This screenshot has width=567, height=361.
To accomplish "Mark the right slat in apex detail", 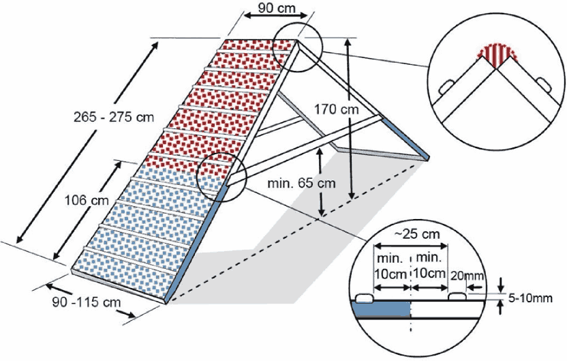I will click(x=545, y=83).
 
